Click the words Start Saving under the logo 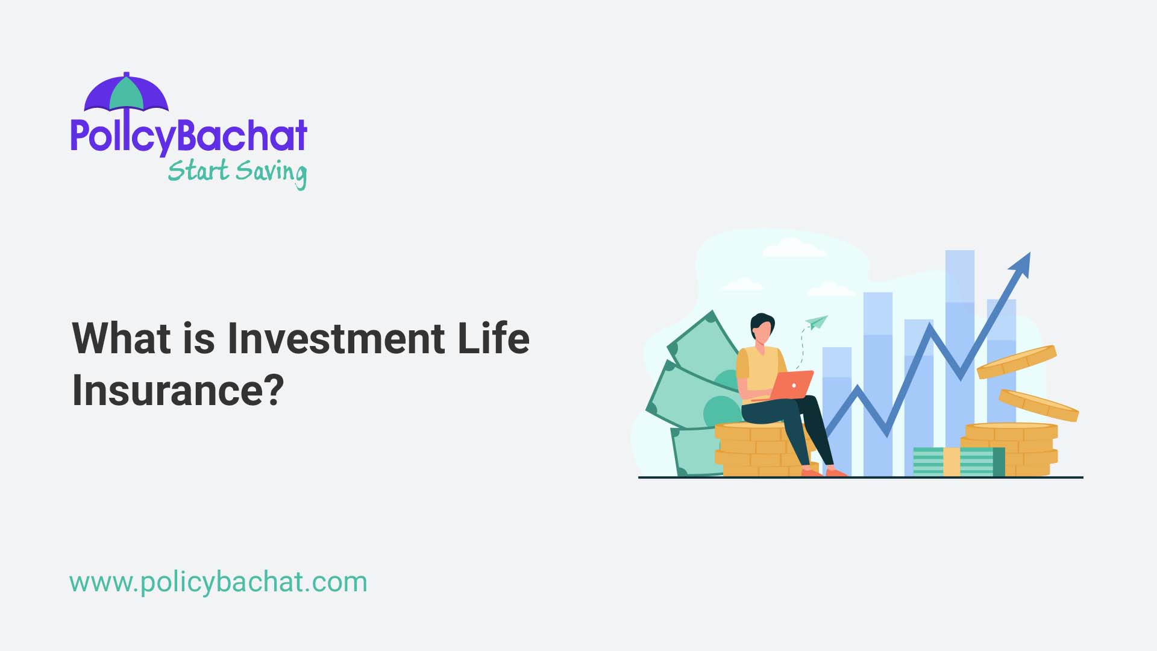point(237,172)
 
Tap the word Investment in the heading point(336,338)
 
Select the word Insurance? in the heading point(178,390)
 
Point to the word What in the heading point(121,338)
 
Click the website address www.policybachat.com point(218,582)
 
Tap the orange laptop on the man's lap point(791,385)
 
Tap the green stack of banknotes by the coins point(958,462)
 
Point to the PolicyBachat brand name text point(189,135)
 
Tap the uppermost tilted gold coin point(1016,361)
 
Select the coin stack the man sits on point(753,449)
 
